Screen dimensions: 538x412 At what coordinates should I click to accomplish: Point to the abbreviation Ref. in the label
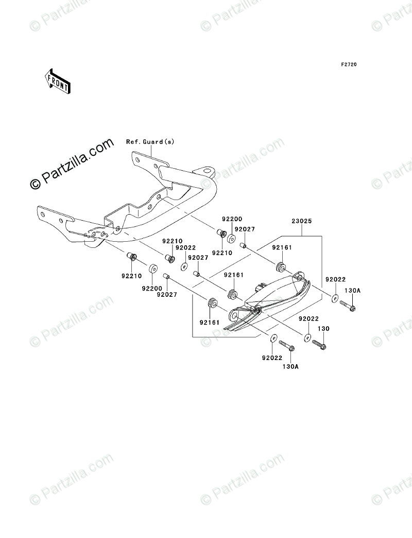133,142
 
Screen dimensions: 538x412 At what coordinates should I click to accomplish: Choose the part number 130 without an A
323,329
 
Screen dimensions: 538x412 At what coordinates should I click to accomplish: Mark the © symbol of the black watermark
36,183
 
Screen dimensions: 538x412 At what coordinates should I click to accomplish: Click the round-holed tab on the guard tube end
208,171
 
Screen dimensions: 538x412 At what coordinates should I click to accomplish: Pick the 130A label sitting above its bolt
352,291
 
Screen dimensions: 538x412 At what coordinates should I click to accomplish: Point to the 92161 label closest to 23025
282,247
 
